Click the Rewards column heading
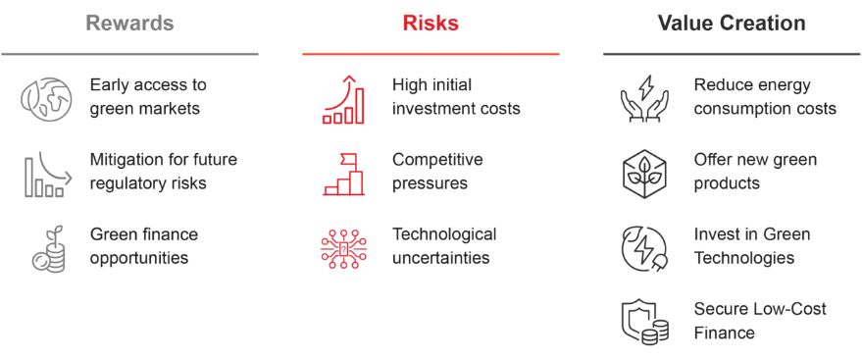[129, 24]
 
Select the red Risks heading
[431, 24]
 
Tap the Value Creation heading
[732, 24]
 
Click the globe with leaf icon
[46, 98]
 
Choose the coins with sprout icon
[48, 249]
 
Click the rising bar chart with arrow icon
[343, 100]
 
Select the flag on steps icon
[343, 175]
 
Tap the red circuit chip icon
[343, 249]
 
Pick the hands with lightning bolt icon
[644, 98]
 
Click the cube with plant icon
[644, 174]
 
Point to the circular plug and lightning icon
[644, 249]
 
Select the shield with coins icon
[644, 323]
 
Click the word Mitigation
[125, 159]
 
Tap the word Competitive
[437, 159]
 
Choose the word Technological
[444, 234]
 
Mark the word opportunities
[139, 258]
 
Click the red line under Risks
[431, 54]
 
